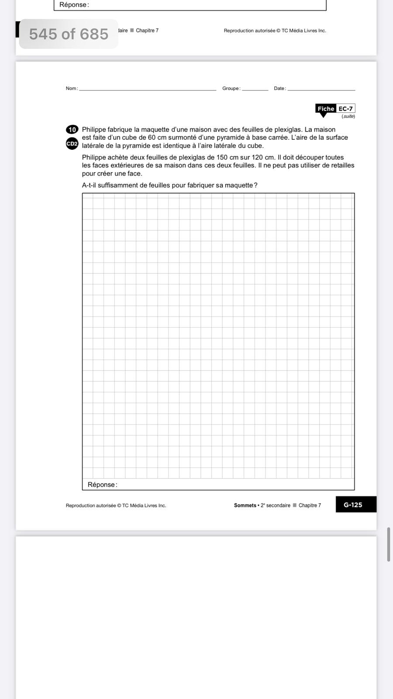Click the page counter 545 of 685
[69, 34]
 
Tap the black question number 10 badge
[72, 129]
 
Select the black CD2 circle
[72, 143]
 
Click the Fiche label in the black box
[326, 109]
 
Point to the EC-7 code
[345, 109]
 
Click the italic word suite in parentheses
[348, 116]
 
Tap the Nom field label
[71, 88]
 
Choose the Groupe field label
[231, 88]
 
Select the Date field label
[279, 88]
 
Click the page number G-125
[353, 505]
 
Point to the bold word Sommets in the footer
[245, 505]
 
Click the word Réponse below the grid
[101, 484]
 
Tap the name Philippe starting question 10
[94, 130]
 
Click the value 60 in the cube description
[152, 138]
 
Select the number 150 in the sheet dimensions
[222, 157]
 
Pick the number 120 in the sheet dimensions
[257, 157]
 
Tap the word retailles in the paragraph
[340, 166]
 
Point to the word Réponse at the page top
[73, 5]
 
